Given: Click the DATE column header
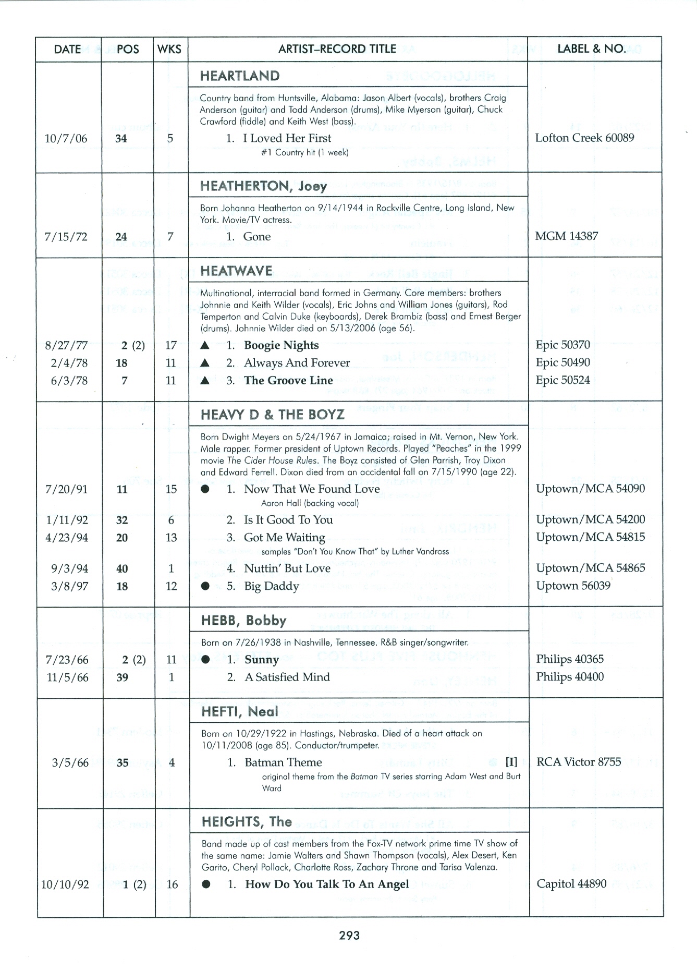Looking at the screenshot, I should coord(67,49).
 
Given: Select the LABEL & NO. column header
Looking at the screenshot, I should coord(592,48).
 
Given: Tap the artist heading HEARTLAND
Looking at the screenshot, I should coord(239,76).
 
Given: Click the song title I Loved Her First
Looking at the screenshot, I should coord(287,138).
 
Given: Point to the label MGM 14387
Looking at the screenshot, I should coord(566,236).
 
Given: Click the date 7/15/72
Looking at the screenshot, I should coord(66,237).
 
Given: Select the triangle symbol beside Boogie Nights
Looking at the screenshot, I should coord(205,345).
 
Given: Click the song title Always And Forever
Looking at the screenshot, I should coord(297,363).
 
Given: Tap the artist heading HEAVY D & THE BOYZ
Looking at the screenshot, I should coord(273,415).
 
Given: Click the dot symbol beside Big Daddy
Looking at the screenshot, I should coord(205,586).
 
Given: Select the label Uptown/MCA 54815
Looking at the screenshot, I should coord(590,537).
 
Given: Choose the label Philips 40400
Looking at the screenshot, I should coord(570,677).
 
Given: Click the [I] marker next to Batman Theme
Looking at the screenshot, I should coord(511,762).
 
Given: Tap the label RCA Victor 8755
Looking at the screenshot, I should coord(579,762).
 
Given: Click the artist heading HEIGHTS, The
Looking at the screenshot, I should coord(247,822).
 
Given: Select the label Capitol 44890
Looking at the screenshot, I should coord(571,884).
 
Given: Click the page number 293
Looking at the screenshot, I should coord(349,936).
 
